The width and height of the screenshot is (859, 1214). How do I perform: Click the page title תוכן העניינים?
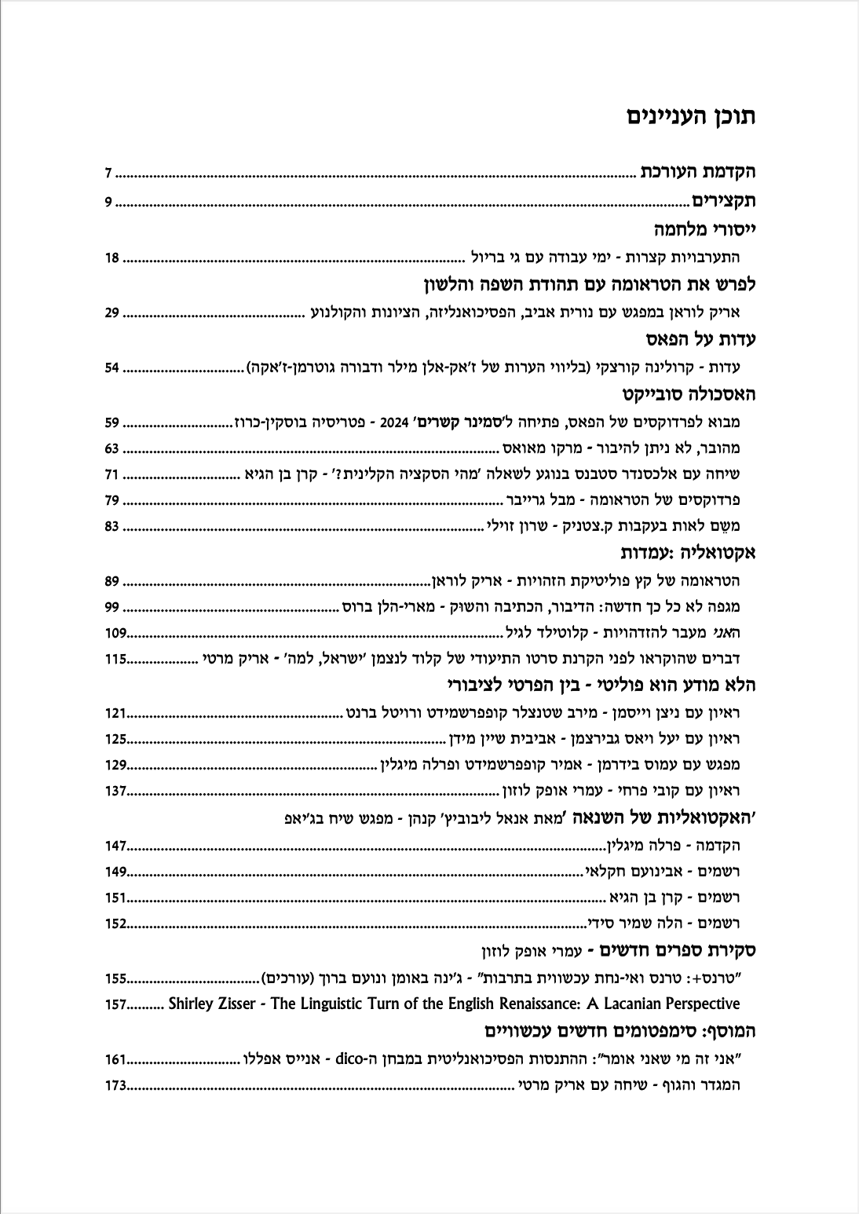tap(691, 118)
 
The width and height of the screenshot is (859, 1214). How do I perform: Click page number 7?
tap(110, 173)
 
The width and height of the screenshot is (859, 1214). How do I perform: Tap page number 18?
tap(111, 257)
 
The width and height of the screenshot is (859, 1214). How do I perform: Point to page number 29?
tap(111, 313)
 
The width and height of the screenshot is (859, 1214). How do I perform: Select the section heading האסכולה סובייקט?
tap(688, 394)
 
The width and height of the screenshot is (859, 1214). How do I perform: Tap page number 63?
tap(111, 449)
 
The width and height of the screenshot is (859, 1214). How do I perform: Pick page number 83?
tap(111, 525)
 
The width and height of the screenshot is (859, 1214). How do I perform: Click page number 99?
tap(111, 607)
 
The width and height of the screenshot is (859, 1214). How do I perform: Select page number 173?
tap(115, 1086)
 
